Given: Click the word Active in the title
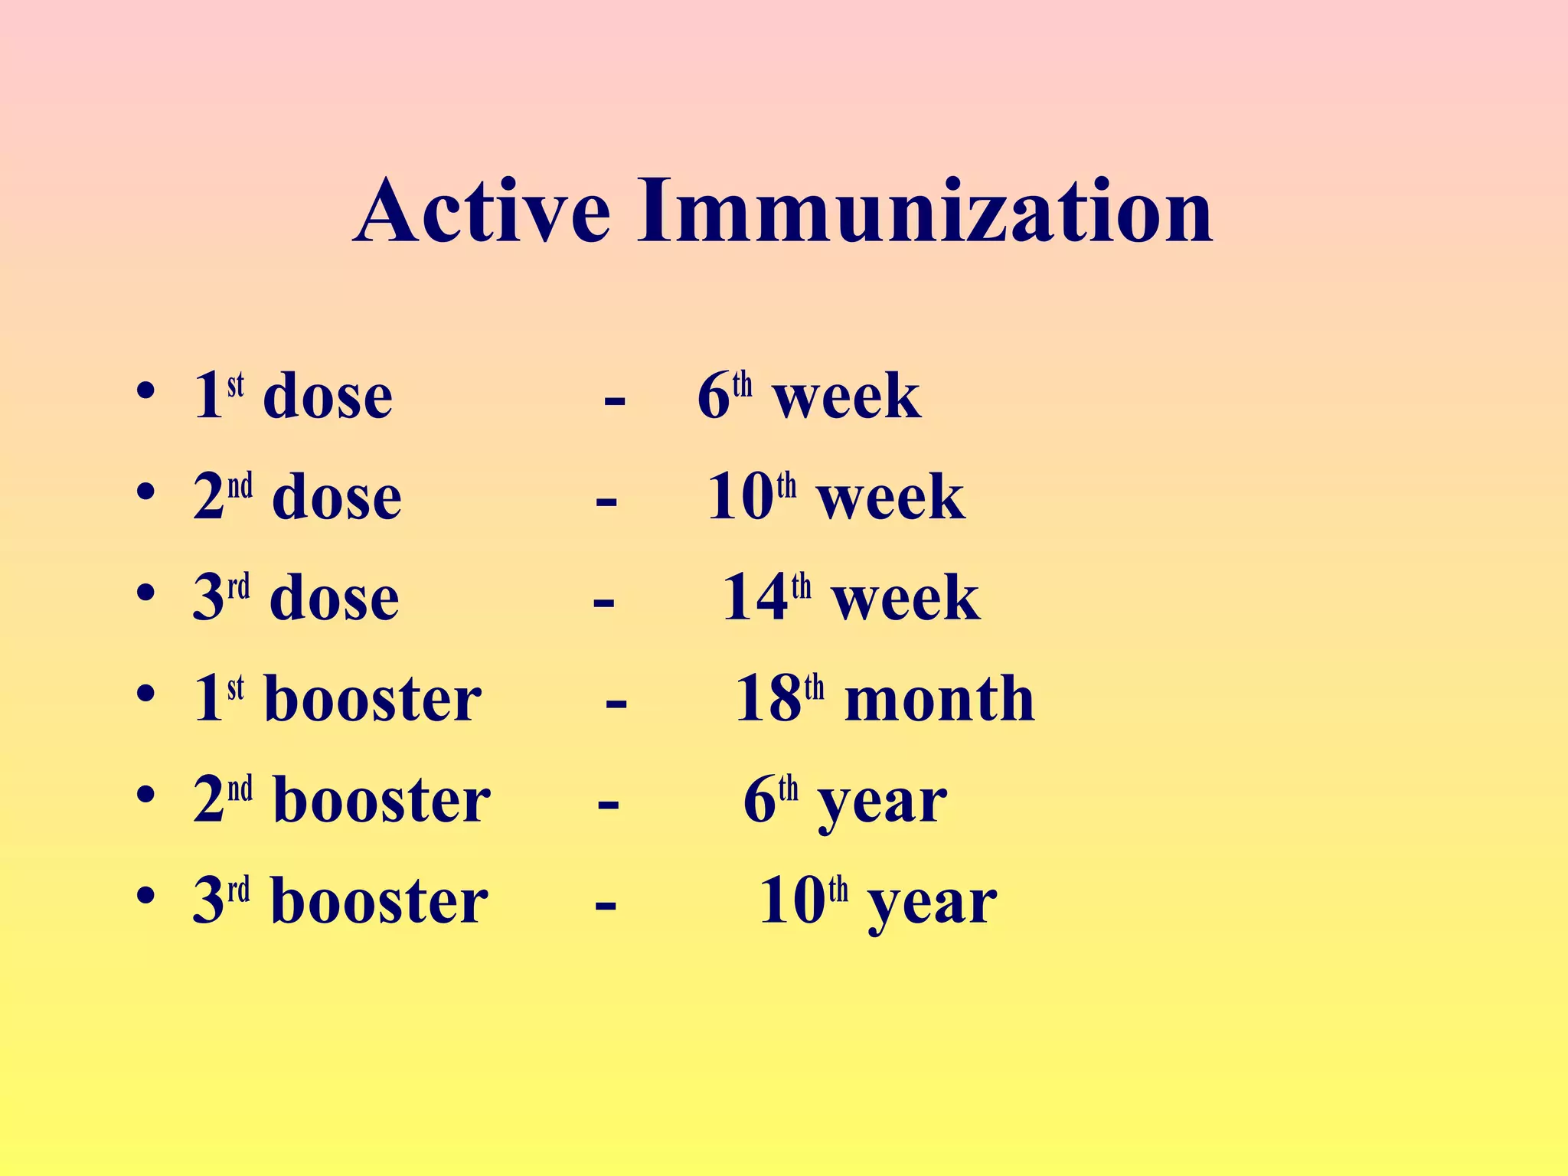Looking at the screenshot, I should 482,211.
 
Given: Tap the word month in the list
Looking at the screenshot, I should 939,699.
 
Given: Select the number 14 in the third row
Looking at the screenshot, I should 755,598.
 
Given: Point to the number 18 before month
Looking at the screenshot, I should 767,699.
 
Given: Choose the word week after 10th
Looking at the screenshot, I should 890,498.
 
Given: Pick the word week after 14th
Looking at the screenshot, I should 905,598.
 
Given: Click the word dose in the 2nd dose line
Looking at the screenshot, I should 337,498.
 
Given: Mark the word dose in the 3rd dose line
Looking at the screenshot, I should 335,598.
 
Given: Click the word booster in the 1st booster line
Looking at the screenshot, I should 373,699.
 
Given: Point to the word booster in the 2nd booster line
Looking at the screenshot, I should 382,800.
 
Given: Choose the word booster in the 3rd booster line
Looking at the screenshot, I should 380,901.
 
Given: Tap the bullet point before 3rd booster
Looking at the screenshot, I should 145,895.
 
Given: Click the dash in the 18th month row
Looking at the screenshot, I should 616,702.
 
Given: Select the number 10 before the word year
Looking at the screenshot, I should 792,901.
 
